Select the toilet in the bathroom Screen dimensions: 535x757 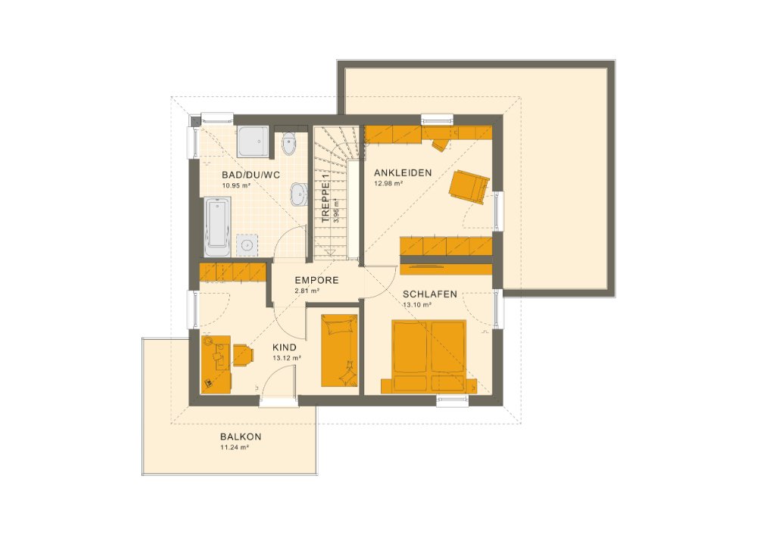coord(288,144)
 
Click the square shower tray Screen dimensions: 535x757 coord(253,141)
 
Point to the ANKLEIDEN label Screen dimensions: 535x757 coord(403,173)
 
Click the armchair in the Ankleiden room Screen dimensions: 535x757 coord(469,186)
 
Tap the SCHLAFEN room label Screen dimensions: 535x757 coord(430,294)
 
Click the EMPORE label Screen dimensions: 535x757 coord(316,280)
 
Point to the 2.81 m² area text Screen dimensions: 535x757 coord(307,291)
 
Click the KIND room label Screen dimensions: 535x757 coord(285,347)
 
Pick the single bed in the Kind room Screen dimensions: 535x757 coord(339,349)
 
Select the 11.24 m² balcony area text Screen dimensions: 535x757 coord(235,447)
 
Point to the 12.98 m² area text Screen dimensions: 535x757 coord(388,183)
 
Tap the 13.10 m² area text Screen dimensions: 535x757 coord(417,304)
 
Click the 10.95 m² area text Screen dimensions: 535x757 coord(235,185)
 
